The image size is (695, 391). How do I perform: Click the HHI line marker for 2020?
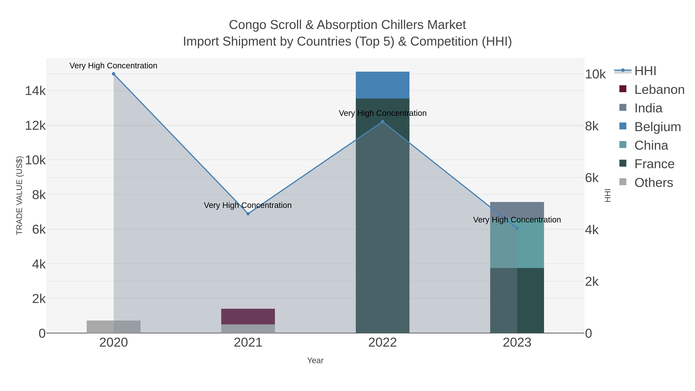tap(114, 74)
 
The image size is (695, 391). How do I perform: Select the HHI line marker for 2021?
tap(248, 214)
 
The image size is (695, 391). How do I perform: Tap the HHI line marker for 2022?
tap(382, 122)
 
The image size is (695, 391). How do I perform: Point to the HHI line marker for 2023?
tap(517, 228)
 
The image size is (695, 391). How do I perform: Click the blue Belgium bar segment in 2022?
tap(382, 85)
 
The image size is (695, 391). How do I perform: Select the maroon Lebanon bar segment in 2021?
tap(248, 316)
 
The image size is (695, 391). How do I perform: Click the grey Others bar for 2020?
tap(114, 327)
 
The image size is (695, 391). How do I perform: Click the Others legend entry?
tap(653, 183)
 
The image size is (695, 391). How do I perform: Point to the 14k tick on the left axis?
tap(35, 91)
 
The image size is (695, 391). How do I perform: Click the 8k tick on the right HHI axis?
tap(592, 126)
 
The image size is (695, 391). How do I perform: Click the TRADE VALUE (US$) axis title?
tap(19, 195)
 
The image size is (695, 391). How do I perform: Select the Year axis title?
tap(315, 360)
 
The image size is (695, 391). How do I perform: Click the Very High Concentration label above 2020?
tap(113, 66)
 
